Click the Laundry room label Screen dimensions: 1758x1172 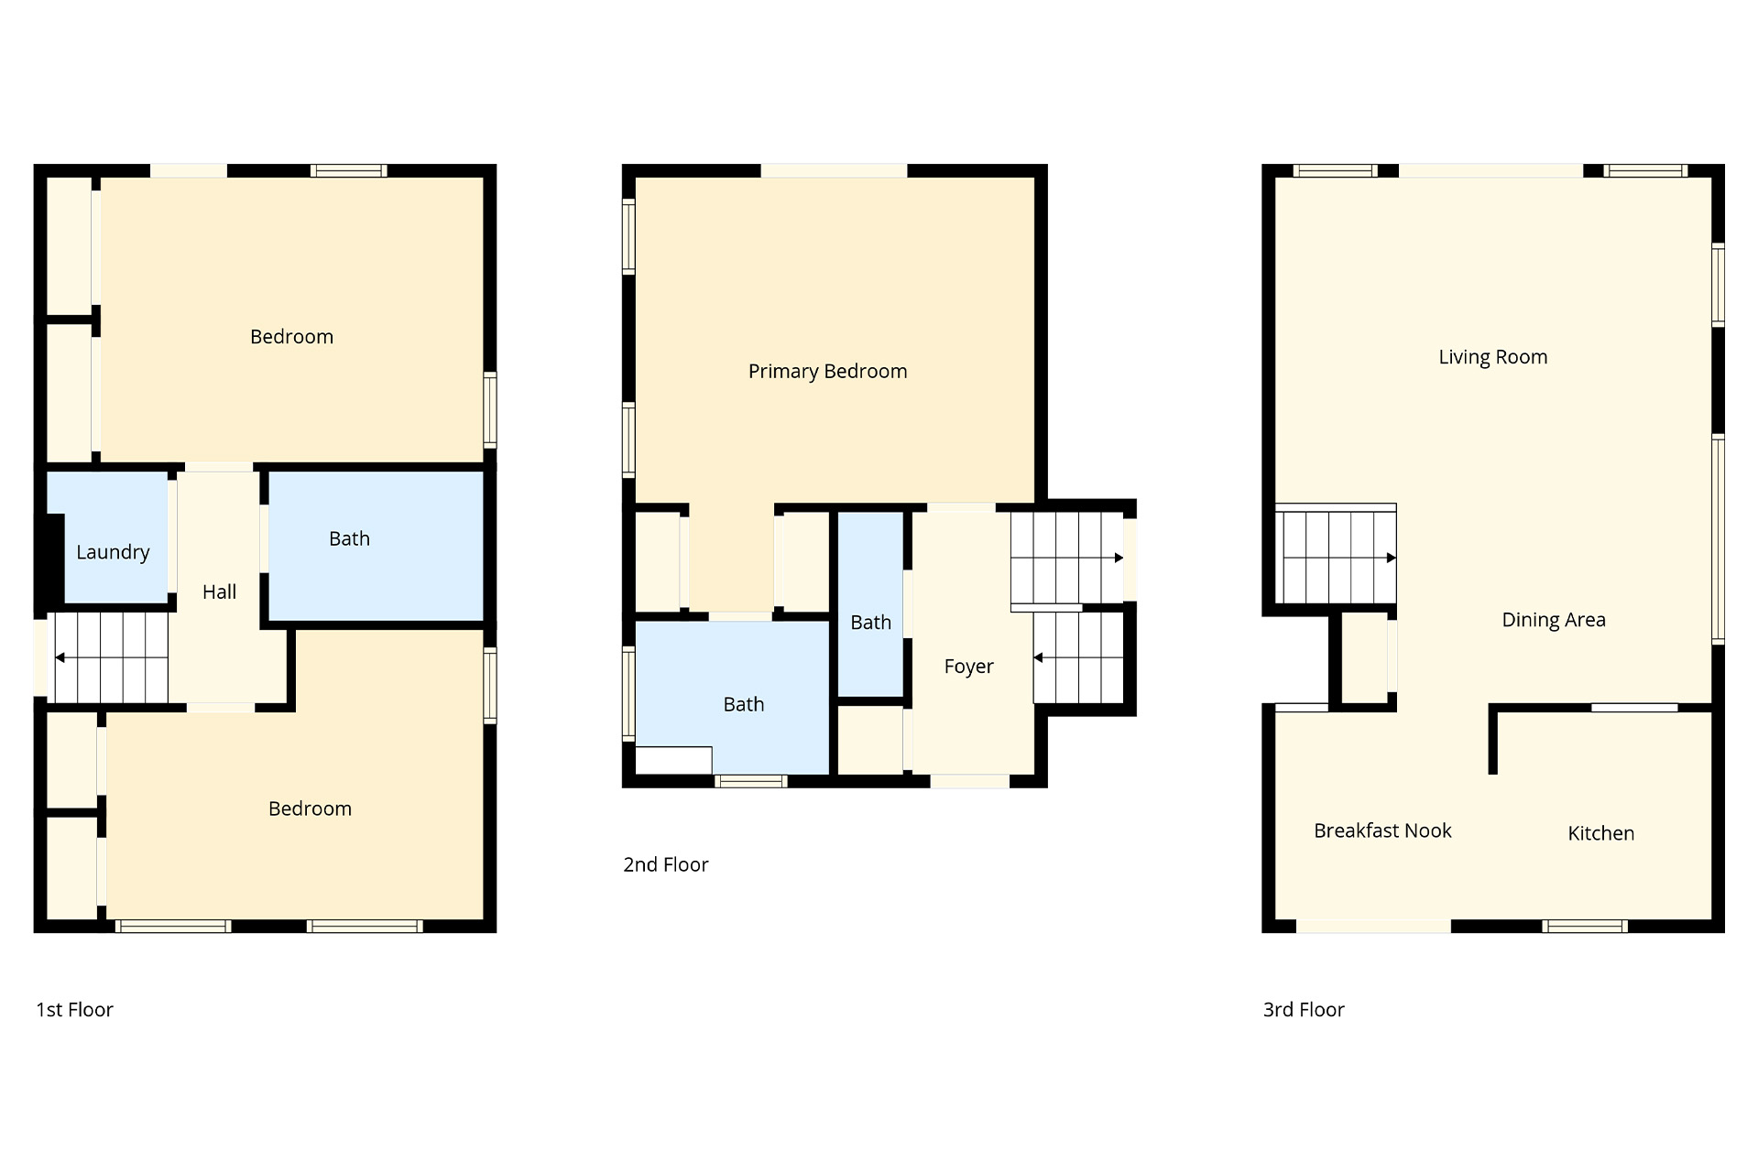click(113, 552)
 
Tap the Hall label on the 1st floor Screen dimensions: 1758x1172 click(219, 592)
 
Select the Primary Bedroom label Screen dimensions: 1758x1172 click(827, 372)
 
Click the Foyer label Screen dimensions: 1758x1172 click(968, 667)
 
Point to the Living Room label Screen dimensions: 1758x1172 click(1492, 357)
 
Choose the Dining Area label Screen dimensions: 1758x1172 click(1553, 620)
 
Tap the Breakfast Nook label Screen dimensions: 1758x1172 click(1382, 830)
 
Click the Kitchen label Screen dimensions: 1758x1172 click(1600, 833)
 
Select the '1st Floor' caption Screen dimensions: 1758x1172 click(74, 1010)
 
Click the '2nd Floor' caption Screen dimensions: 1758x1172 click(666, 865)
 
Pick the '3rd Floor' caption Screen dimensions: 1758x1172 click(1304, 1010)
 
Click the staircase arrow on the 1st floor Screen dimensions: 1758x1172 click(111, 657)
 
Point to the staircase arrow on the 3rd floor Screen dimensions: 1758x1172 click(1337, 558)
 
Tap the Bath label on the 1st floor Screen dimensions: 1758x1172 click(349, 539)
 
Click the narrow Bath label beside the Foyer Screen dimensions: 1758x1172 click(870, 623)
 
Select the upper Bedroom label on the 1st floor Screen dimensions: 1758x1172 click(291, 337)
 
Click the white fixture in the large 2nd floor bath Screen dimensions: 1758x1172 click(673, 760)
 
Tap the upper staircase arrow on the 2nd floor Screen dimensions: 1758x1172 click(1067, 558)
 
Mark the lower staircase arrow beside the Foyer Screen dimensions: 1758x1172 click(1078, 657)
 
